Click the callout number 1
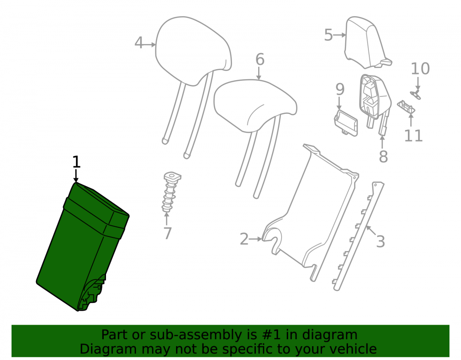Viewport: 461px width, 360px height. click(76, 162)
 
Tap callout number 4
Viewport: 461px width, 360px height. click(139, 43)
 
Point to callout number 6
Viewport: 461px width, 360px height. click(260, 59)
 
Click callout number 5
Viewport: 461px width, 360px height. click(328, 35)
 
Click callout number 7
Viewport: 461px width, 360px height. click(167, 234)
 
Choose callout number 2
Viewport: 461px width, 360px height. click(244, 239)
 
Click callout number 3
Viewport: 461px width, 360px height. click(380, 242)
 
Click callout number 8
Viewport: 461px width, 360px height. click(383, 156)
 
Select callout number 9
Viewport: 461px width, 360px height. click(340, 89)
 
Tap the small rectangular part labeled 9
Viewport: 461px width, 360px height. click(346, 123)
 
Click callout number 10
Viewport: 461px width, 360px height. click(420, 69)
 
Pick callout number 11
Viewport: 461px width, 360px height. click(414, 136)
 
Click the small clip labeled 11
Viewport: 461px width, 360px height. click(406, 107)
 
